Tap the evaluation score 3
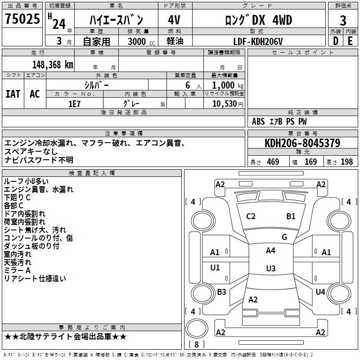click(x=343, y=20)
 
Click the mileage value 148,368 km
click(x=53, y=64)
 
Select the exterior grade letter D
click(x=335, y=41)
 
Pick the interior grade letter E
click(x=350, y=41)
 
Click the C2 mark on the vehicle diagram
click(x=251, y=216)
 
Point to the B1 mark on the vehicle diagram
click(x=291, y=216)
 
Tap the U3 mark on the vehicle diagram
click(x=270, y=269)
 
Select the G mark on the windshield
click(x=284, y=237)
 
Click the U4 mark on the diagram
click(x=320, y=292)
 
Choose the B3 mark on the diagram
click(x=221, y=292)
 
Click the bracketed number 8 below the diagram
click(x=196, y=344)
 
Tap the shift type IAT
click(x=13, y=94)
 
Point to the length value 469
click(x=273, y=162)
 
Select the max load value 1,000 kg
click(x=225, y=85)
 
